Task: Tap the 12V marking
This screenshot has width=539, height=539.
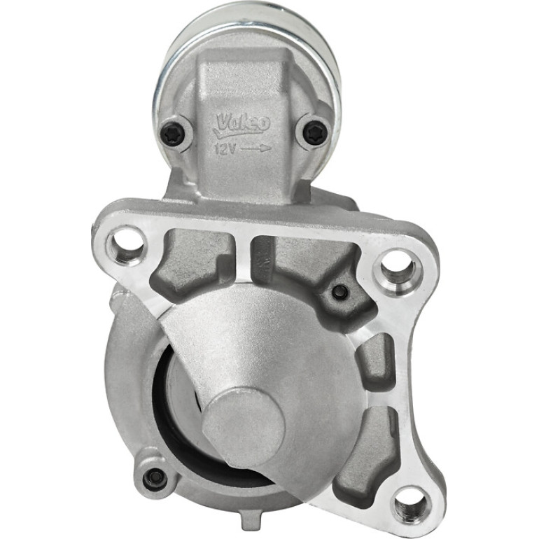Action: (225, 149)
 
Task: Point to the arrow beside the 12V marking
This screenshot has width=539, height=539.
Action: (256, 148)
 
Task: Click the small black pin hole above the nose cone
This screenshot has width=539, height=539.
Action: (340, 292)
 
